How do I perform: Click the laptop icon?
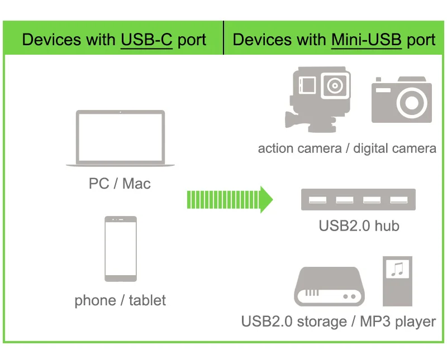click(120, 138)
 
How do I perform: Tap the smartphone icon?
click(120, 249)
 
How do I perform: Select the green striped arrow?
click(229, 199)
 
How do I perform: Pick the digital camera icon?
click(402, 100)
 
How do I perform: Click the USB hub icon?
click(358, 199)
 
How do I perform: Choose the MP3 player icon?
click(397, 281)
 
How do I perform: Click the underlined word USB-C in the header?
click(146, 40)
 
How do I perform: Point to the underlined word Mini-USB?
click(366, 40)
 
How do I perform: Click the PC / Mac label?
click(120, 183)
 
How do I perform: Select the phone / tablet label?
click(120, 300)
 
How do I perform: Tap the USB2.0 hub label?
click(359, 226)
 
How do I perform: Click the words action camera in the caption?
click(299, 148)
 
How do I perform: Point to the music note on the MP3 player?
click(397, 270)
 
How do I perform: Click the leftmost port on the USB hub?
click(317, 199)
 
